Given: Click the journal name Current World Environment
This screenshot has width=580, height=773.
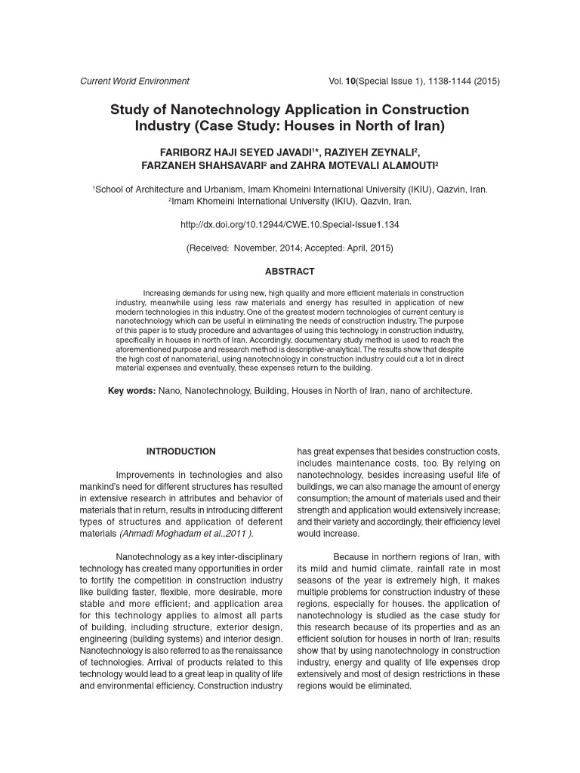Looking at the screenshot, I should (134, 81).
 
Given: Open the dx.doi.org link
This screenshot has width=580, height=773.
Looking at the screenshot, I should (289, 225).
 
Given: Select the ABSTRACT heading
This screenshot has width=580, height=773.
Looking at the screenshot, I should (289, 271).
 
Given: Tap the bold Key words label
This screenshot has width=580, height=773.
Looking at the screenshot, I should (132, 390).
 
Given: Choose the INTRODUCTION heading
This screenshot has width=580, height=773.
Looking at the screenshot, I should (180, 451).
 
